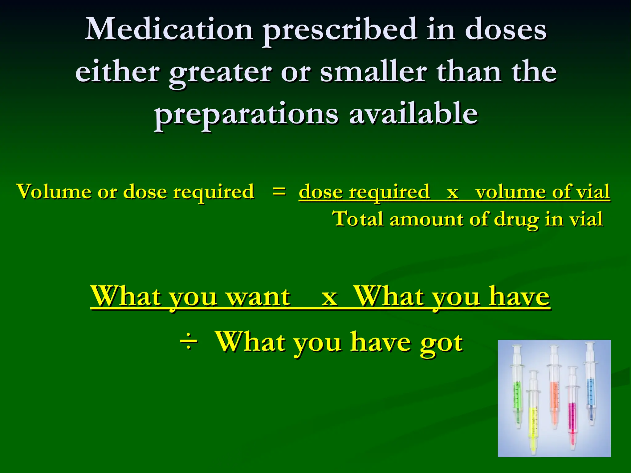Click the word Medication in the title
[169, 30]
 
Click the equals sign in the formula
[279, 191]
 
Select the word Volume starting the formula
[52, 192]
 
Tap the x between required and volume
[452, 192]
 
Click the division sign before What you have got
[188, 342]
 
